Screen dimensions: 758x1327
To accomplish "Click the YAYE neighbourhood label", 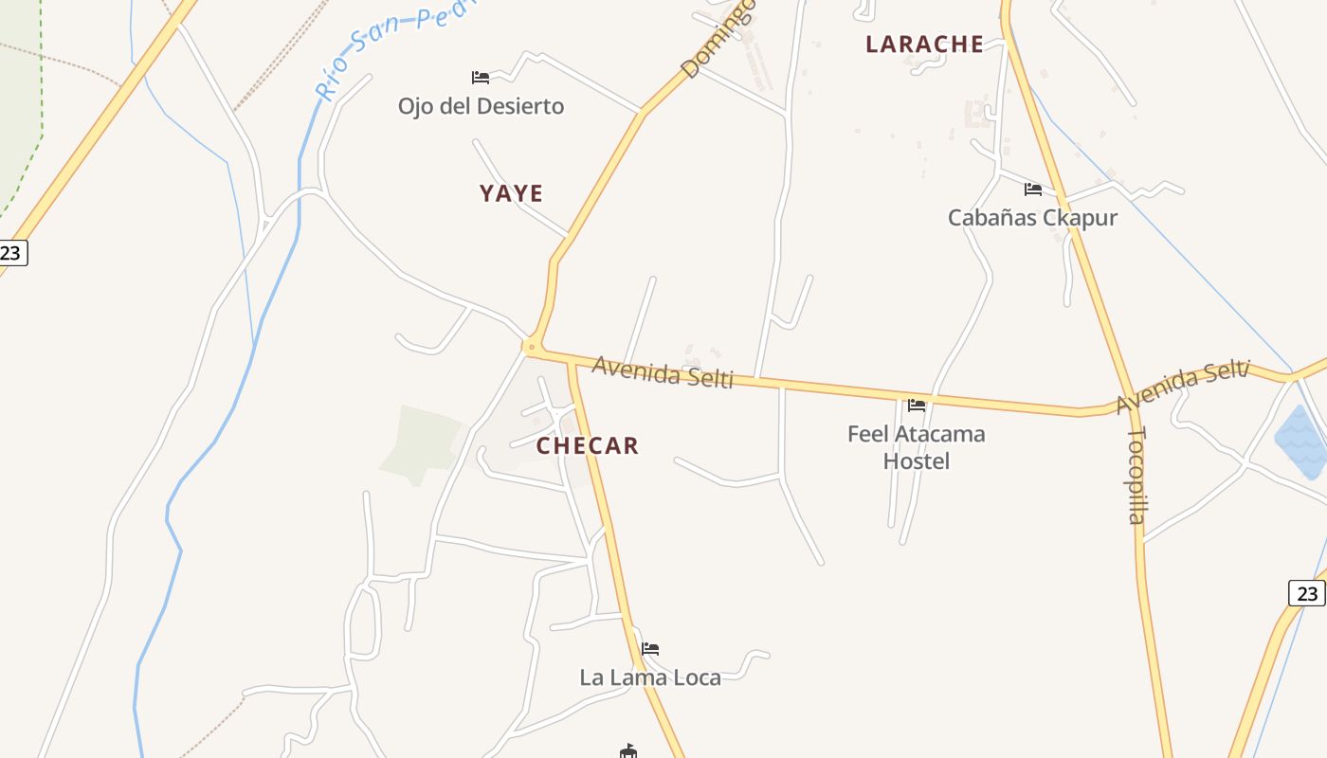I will (x=511, y=193).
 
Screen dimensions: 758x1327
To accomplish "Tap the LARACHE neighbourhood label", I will (x=924, y=44).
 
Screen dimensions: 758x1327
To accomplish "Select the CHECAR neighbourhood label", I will (x=588, y=445).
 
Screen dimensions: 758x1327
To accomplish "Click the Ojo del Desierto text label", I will (x=481, y=106).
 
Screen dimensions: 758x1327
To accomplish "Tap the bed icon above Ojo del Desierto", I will (x=481, y=77).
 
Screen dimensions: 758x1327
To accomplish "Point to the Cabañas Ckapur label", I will (x=1032, y=218).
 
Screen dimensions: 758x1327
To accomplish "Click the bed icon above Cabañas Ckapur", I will (x=1032, y=189).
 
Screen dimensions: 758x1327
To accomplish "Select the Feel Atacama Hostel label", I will (x=916, y=447).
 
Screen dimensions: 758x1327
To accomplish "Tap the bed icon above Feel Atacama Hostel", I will (x=916, y=405).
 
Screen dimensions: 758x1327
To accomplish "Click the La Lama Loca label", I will (x=650, y=677).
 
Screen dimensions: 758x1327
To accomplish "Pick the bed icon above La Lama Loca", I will (x=650, y=649).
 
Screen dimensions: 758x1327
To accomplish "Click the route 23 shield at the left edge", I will (x=11, y=253).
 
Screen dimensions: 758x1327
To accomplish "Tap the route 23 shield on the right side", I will (x=1307, y=593).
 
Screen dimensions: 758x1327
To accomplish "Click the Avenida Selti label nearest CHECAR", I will (x=663, y=371).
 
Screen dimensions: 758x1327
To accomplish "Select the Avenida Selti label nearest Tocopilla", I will (x=1182, y=387).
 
